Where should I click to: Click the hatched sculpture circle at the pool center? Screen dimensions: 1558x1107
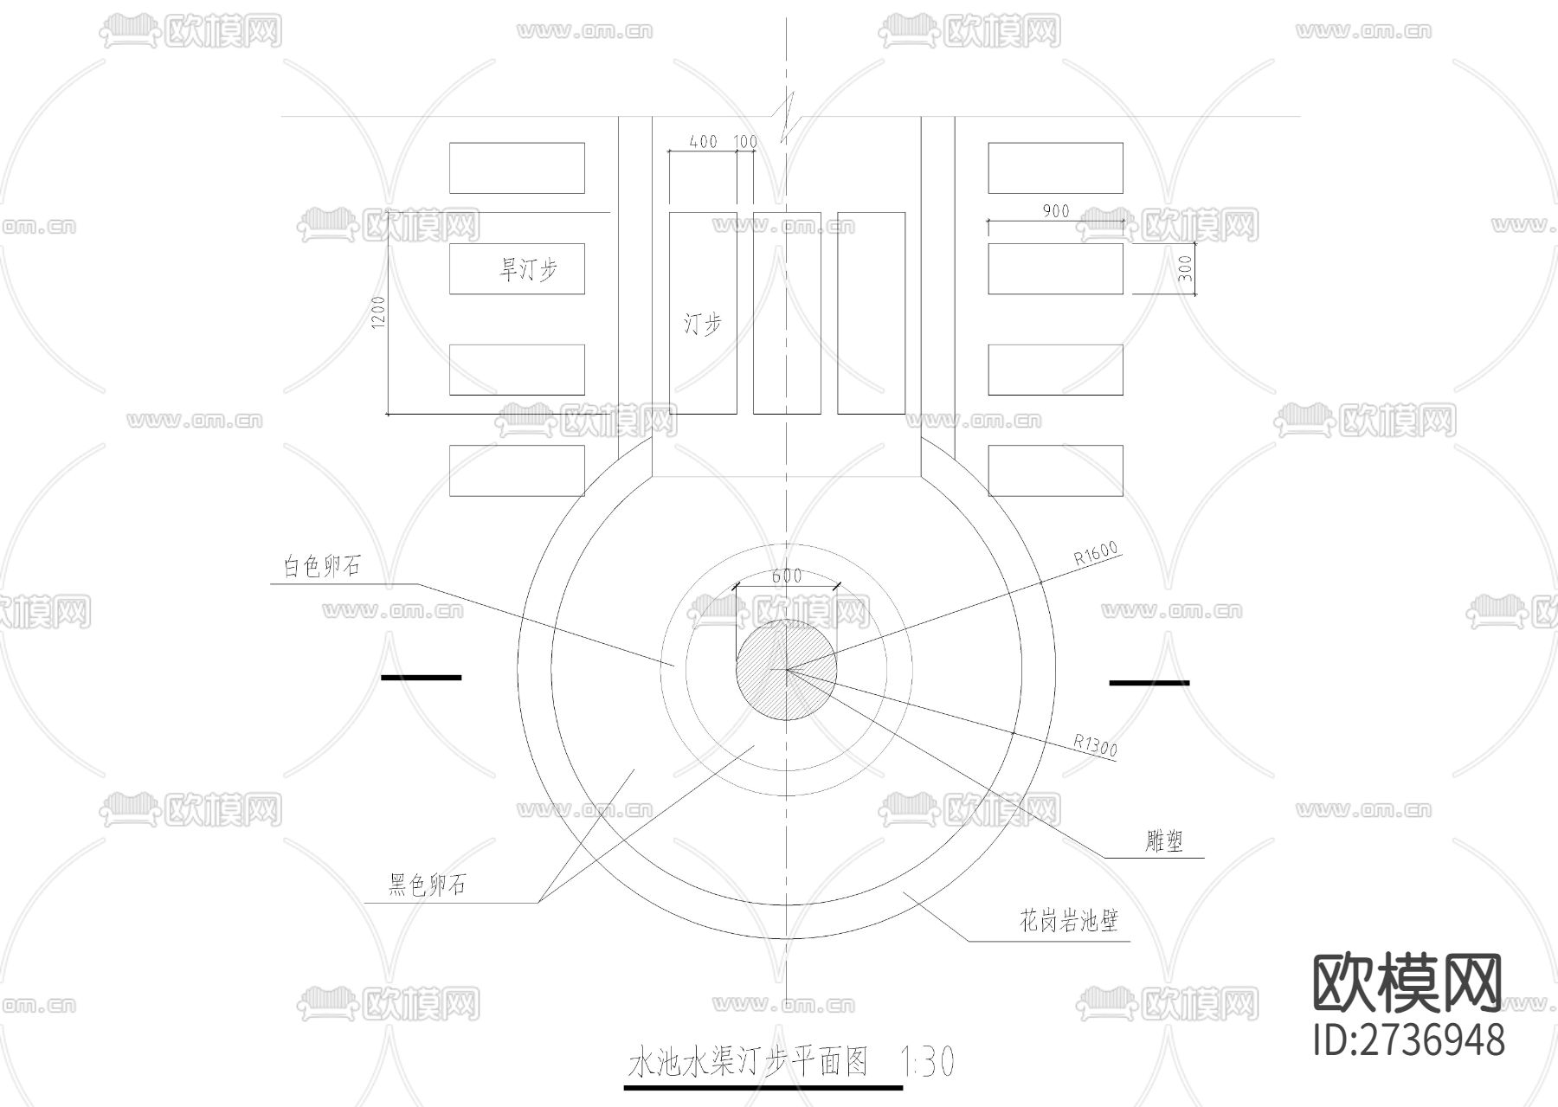click(x=786, y=669)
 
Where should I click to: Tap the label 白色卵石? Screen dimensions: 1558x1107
click(x=321, y=567)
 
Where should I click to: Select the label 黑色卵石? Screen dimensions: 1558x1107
click(x=427, y=885)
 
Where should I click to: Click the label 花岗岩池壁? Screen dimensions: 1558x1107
click(x=1069, y=921)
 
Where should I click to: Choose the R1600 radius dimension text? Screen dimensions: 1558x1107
click(x=1097, y=553)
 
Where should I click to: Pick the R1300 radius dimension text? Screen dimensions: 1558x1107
click(x=1096, y=745)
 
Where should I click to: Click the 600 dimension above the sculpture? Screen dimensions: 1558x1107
click(x=786, y=576)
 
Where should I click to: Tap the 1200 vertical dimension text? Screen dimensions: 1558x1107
click(x=378, y=313)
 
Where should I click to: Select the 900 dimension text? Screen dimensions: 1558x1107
click(x=1056, y=210)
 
